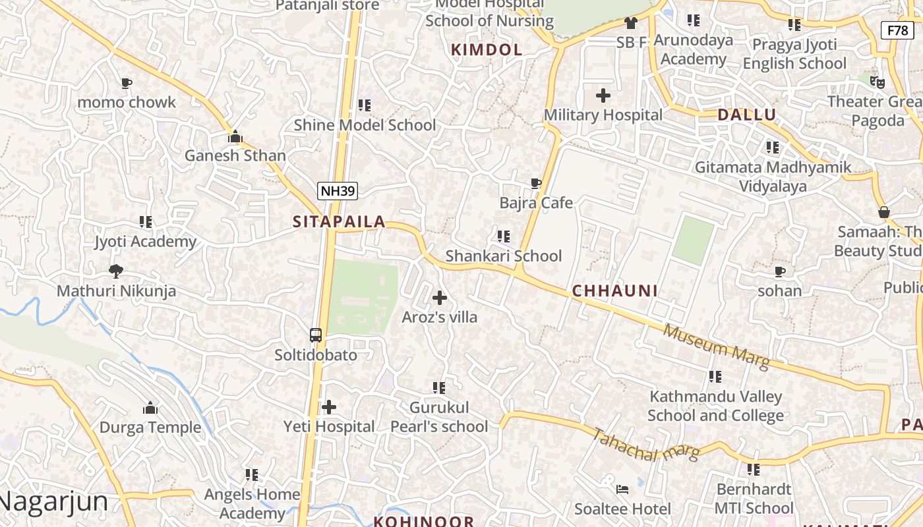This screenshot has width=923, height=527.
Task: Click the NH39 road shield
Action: [337, 191]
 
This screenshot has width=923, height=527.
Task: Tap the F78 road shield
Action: [897, 30]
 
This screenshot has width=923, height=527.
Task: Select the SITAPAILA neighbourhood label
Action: [339, 222]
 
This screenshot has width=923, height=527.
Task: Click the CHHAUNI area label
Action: [614, 291]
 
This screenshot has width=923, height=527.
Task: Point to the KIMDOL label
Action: [487, 49]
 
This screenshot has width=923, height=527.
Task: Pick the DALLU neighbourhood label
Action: [747, 115]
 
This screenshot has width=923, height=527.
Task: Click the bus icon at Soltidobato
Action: [316, 335]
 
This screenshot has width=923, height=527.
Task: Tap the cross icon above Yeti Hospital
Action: [329, 407]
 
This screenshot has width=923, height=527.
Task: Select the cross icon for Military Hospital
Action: [603, 96]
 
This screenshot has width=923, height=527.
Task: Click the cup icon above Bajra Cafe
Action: [536, 183]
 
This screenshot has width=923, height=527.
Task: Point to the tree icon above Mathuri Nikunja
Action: [116, 271]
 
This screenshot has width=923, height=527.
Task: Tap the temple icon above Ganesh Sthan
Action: [235, 137]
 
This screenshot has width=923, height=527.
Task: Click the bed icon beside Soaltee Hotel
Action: [622, 489]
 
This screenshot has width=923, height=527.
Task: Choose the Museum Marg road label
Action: [717, 346]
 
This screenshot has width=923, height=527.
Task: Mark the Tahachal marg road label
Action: [645, 445]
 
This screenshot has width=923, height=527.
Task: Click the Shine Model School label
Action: [365, 125]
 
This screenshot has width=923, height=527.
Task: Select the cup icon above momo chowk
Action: [126, 83]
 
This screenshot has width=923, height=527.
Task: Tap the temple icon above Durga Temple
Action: [150, 408]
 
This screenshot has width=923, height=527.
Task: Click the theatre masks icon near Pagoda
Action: [877, 82]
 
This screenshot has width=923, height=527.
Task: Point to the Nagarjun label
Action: [54, 501]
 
